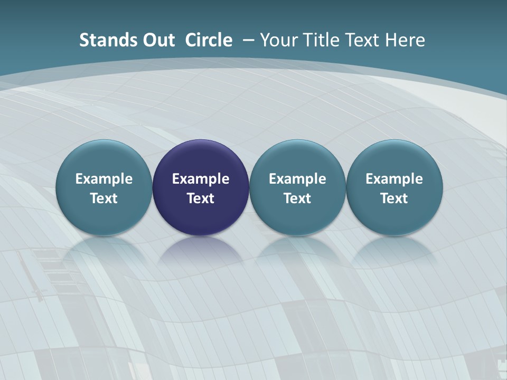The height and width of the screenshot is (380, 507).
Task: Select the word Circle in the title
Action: (209, 40)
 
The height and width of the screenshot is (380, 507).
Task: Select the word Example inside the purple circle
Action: (201, 179)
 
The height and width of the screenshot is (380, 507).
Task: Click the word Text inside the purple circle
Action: (201, 198)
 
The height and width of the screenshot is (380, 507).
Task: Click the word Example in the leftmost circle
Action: (104, 179)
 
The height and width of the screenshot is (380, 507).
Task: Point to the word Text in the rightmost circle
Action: (395, 198)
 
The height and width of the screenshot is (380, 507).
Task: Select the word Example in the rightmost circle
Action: (395, 179)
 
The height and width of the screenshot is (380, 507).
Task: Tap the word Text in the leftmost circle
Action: (104, 198)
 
